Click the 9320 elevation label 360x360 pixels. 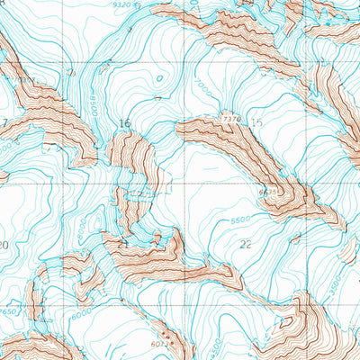[123, 5]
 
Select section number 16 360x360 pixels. [123, 123]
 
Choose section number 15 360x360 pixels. [258, 122]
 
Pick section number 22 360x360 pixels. [247, 244]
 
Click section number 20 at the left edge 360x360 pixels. [4, 245]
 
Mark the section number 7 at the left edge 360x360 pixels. [4, 123]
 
